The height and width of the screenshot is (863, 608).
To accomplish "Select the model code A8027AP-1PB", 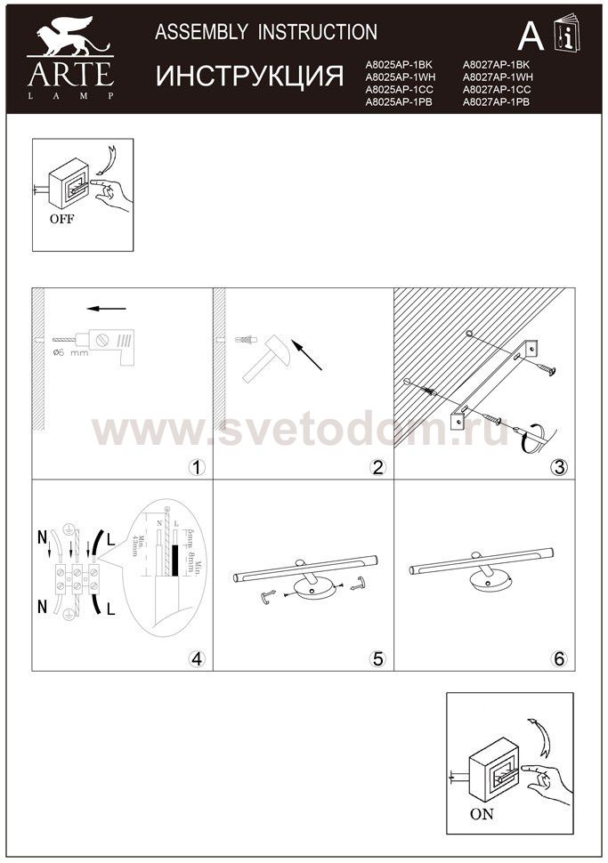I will [x=496, y=103].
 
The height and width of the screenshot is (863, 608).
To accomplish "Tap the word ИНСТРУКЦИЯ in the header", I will [x=250, y=77].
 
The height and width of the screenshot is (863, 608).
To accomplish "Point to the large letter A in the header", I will [x=531, y=36].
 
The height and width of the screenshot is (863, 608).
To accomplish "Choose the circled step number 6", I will [x=558, y=658].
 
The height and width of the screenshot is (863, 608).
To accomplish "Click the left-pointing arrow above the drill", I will [x=107, y=310].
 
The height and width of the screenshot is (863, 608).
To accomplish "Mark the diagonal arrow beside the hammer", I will [x=305, y=353].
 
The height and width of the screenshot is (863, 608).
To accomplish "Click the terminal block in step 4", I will [x=75, y=577].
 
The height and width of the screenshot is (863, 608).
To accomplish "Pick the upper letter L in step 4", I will [x=110, y=540].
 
